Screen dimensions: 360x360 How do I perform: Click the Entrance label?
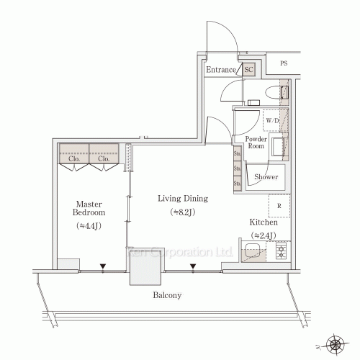tap(221, 70)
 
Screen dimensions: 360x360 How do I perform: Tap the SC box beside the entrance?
tap(248, 70)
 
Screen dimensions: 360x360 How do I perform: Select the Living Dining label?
tap(184, 199)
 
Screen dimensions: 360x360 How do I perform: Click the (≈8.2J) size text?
tap(184, 212)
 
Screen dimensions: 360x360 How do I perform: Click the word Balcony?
tap(166, 295)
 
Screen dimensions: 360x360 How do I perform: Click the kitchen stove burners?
tap(280, 252)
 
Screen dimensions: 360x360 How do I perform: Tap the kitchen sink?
tap(253, 252)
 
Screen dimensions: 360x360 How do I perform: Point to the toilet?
tap(282, 92)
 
